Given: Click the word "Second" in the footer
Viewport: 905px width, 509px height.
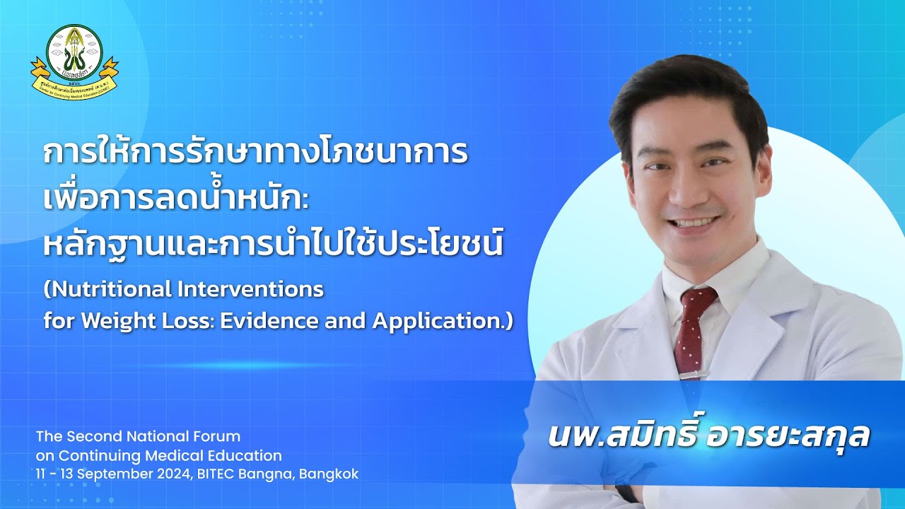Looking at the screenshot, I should point(91,436).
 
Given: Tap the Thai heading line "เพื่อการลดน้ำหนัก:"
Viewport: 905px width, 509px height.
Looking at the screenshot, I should point(176,198).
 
